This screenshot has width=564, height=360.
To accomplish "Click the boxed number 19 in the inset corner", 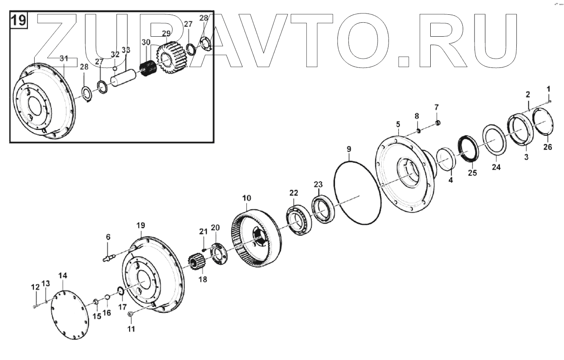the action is coord(18,20).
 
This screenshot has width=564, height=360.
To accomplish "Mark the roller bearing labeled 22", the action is coord(300,218).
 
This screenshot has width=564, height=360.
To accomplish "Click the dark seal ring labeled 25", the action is coord(469,148).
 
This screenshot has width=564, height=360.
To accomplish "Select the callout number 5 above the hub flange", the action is coord(397,125).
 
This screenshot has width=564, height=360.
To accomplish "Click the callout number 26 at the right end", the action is coord(547,147).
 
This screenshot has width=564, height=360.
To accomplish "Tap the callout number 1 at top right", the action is coord(548,89).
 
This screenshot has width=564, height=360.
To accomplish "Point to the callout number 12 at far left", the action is coord(35,287).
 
